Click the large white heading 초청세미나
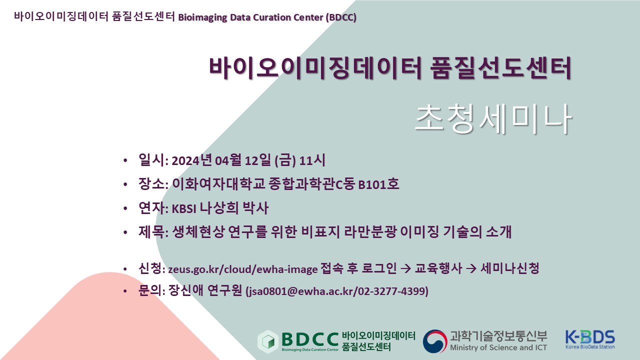[x=493, y=118]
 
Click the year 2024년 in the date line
[x=191, y=160]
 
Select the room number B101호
[x=378, y=184]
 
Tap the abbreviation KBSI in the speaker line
[x=183, y=209]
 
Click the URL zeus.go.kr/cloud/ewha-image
[x=243, y=269]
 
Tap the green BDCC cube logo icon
[x=268, y=341]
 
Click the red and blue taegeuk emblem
[x=435, y=341]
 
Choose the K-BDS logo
[x=590, y=339]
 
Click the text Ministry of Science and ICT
[x=498, y=347]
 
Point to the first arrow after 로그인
[x=405, y=268]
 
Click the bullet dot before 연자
[x=125, y=208]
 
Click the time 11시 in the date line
[x=312, y=160]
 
